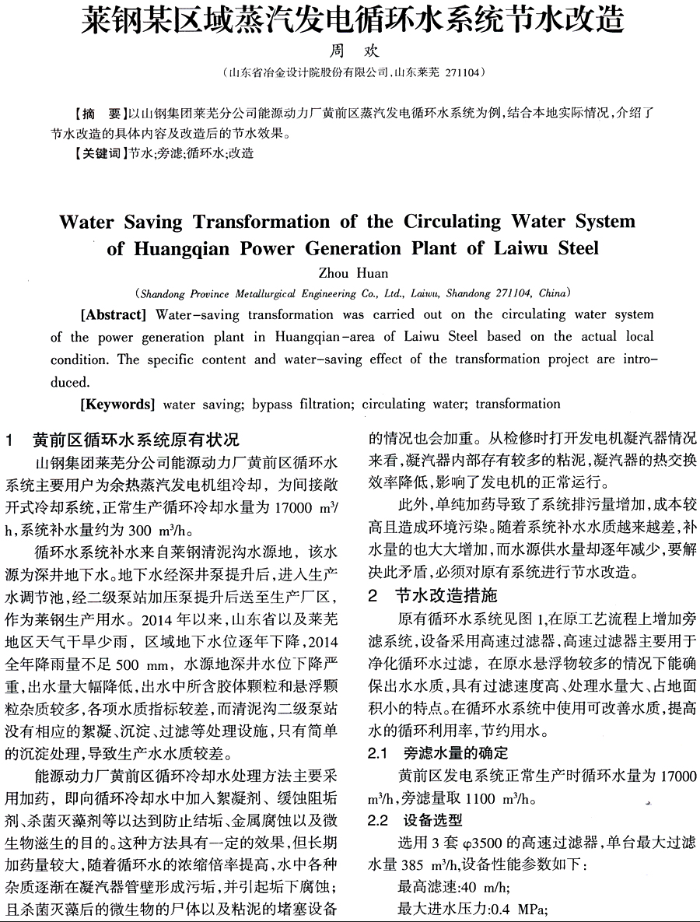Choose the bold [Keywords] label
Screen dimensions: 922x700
117,404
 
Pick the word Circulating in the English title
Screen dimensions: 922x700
451,222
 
